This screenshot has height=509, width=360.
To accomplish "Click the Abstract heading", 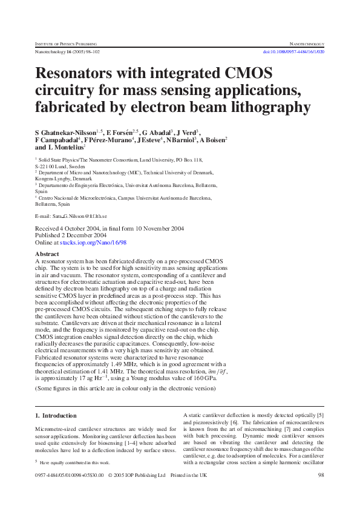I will point(47,254).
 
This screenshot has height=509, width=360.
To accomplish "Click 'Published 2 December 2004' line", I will point(71,235).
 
